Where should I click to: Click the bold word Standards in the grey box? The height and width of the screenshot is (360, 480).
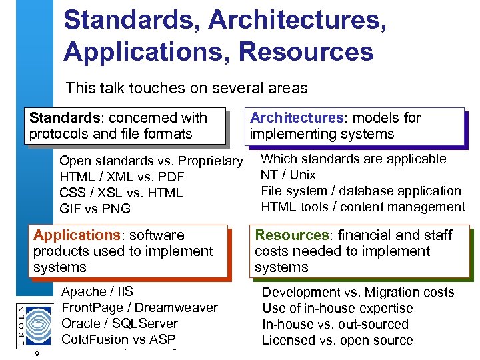click(63, 118)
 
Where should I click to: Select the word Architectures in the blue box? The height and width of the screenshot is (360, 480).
click(296, 118)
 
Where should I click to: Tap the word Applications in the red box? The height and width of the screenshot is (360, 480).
click(75, 235)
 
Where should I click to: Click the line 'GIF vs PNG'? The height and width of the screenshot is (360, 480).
click(95, 209)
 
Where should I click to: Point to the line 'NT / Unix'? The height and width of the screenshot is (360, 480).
click(288, 175)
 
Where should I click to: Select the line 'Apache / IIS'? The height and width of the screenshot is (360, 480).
click(97, 291)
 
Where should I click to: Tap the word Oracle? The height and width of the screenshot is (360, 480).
click(81, 323)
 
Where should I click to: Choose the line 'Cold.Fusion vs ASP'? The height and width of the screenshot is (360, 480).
click(119, 339)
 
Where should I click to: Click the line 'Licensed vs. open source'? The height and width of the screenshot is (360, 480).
click(337, 340)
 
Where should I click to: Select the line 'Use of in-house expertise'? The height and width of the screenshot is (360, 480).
click(337, 308)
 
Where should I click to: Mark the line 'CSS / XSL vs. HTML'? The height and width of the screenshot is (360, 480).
click(121, 193)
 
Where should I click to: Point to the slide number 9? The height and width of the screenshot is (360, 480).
click(37, 353)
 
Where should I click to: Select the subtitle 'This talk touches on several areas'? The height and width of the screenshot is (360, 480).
click(187, 88)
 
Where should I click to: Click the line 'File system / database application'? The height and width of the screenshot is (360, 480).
click(361, 191)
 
